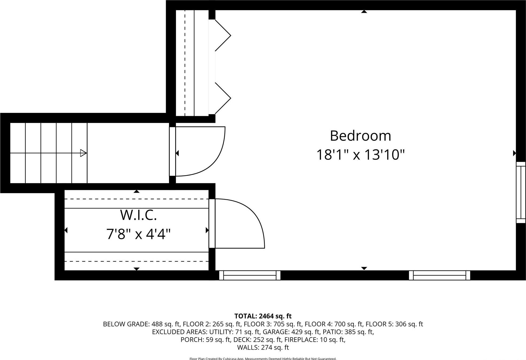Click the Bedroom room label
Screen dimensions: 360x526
pos(360,136)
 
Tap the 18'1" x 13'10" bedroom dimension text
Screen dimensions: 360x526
pos(360,155)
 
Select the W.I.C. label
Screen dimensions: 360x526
pos(138,215)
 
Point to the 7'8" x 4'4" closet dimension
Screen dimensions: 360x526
pos(138,234)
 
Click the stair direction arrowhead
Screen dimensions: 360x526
pos(83,153)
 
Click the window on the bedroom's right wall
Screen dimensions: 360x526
pos(521,192)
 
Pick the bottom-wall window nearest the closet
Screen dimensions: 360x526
pos(250,275)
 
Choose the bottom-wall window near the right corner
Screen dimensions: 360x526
pos(439,275)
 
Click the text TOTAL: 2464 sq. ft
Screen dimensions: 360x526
pos(263,316)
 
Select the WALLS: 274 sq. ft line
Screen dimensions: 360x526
pos(263,347)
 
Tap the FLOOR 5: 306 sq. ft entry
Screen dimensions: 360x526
pos(394,324)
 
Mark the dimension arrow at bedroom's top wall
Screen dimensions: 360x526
pos(364,11)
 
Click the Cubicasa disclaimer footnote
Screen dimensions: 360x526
pos(263,358)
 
